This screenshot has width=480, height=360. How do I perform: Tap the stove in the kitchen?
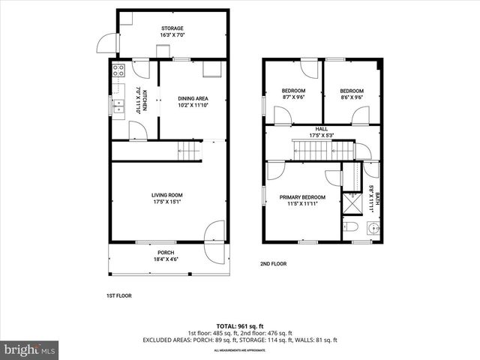point(118,72)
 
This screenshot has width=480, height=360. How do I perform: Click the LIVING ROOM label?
point(167,197)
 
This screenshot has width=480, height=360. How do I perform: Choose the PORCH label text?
point(166,252)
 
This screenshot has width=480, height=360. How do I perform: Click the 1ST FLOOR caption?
point(118,295)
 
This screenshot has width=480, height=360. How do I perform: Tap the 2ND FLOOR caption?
point(274,263)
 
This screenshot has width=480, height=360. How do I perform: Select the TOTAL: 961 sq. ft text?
point(240,325)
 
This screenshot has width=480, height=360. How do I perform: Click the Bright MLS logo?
point(30,349)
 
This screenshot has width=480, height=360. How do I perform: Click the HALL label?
point(321,131)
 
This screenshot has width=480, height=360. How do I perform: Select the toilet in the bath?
point(350,226)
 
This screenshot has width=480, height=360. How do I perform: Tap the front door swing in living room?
point(215,232)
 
